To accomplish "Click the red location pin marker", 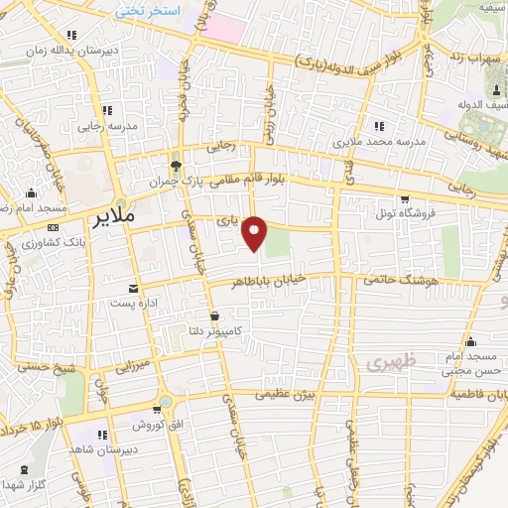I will click(x=256, y=232).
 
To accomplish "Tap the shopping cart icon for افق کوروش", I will click(x=157, y=410).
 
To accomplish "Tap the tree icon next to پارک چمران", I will click(x=176, y=166).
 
